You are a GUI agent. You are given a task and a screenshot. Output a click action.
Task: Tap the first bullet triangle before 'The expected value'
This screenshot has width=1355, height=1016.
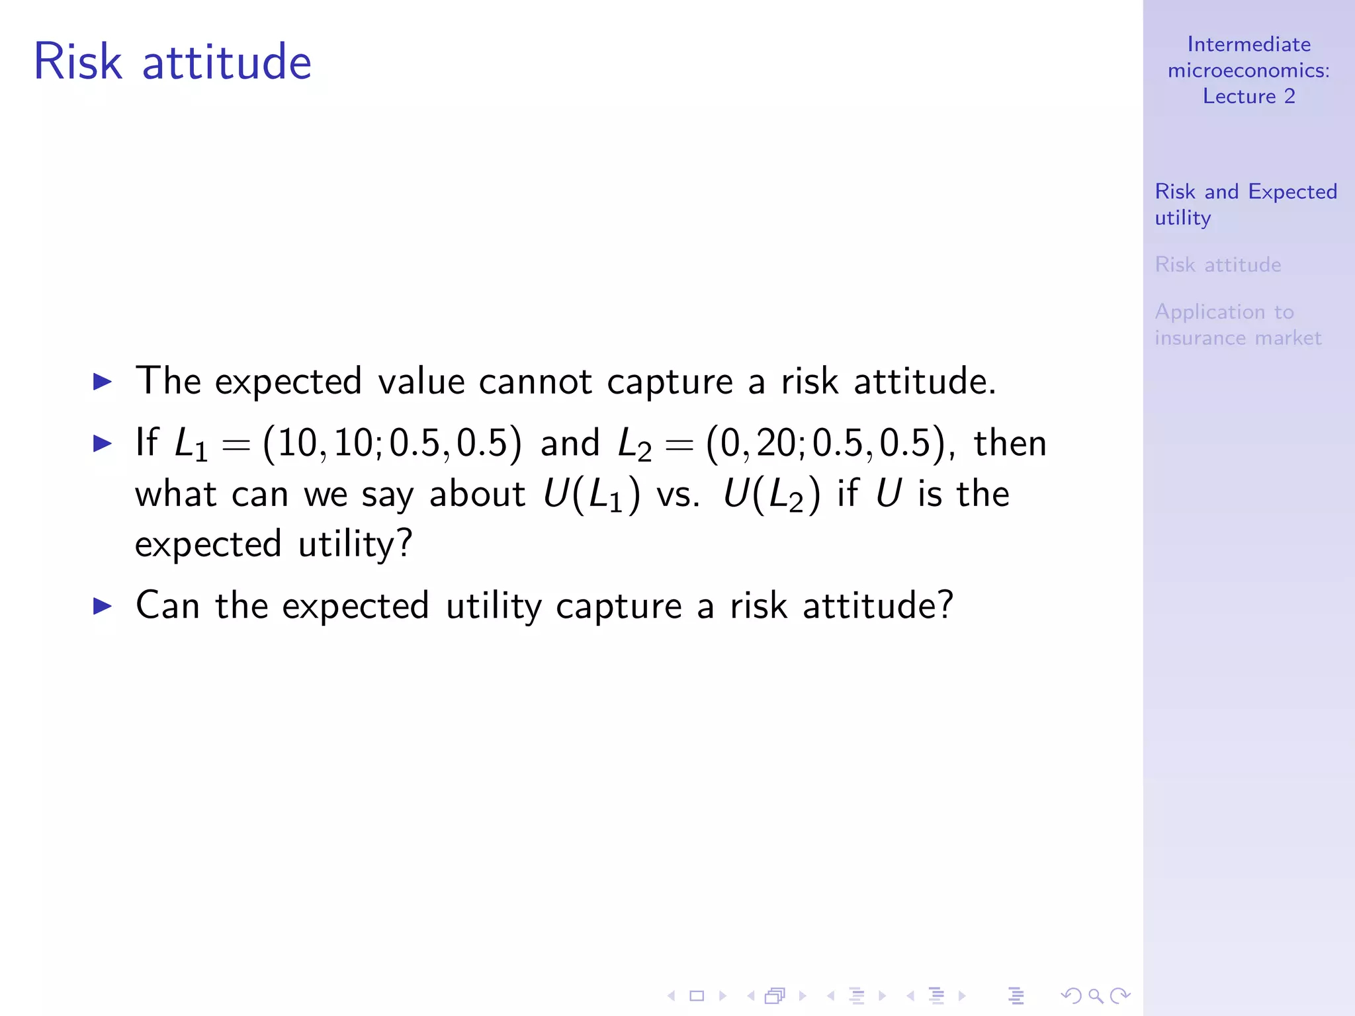[103, 382]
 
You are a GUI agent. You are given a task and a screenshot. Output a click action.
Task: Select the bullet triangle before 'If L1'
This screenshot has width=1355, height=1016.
[103, 443]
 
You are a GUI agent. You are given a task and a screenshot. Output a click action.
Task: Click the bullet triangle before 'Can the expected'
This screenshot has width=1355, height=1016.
[103, 605]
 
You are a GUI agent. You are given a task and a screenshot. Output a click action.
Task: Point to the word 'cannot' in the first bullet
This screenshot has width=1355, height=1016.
[535, 382]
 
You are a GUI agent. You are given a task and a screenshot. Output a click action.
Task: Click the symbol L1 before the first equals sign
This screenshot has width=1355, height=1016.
[191, 444]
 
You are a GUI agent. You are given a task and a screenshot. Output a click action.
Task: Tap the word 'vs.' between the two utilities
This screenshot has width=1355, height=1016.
[677, 494]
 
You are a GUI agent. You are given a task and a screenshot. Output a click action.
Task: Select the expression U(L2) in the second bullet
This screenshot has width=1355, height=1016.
[771, 495]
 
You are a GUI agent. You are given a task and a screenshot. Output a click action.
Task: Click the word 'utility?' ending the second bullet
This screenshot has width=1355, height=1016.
[355, 544]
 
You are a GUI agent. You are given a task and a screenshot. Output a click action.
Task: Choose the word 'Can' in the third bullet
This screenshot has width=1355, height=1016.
[167, 605]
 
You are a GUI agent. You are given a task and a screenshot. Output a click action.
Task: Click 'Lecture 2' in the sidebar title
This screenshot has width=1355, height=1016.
[1248, 97]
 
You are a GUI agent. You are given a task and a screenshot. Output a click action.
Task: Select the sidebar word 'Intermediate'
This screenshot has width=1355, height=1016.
[1248, 44]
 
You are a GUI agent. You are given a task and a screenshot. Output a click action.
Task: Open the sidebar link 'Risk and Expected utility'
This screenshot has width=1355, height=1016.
[1245, 204]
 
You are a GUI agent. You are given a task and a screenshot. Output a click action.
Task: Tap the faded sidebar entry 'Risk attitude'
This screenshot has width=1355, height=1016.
[1217, 265]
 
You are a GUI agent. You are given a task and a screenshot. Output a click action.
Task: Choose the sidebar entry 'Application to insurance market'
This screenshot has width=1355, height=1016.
[1237, 325]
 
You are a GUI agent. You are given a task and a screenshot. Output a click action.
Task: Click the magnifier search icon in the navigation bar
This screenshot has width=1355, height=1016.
[1095, 995]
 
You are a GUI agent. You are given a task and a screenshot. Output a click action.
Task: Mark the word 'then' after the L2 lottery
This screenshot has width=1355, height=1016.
[1010, 443]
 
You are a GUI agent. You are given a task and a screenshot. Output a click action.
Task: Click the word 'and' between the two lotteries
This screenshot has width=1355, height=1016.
[570, 443]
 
